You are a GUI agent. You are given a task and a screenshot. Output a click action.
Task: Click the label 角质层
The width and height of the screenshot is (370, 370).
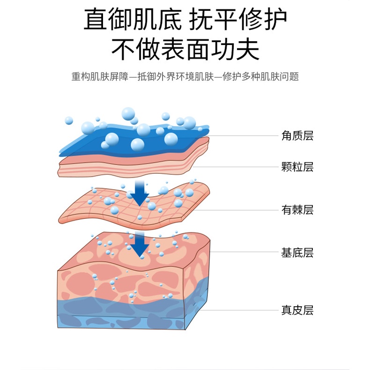(x=297, y=136)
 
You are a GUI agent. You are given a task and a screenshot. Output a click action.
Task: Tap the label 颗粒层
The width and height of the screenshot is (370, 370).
(x=297, y=167)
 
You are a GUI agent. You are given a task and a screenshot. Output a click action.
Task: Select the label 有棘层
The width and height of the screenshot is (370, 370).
(x=297, y=210)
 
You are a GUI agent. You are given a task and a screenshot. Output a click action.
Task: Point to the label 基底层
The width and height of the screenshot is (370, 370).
(x=297, y=253)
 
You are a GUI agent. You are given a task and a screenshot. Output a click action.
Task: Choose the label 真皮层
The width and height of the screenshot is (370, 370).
(x=297, y=310)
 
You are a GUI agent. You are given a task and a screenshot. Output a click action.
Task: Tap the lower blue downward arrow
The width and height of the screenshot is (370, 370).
(x=140, y=244)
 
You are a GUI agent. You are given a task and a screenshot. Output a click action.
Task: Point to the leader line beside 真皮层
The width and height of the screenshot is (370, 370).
(x=239, y=310)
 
